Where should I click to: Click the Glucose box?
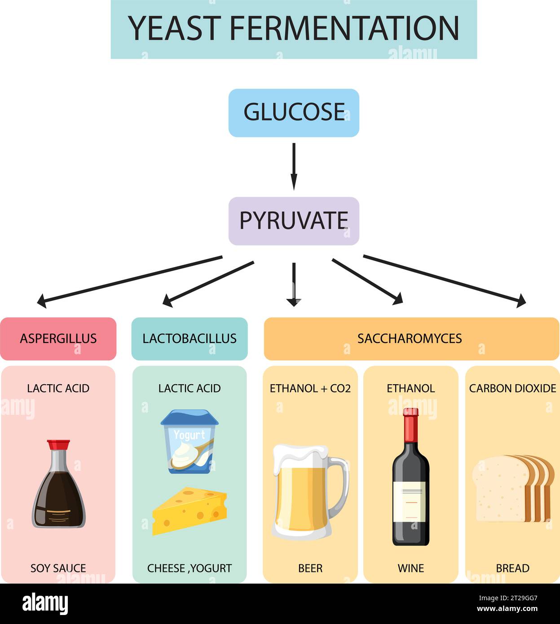(294, 113)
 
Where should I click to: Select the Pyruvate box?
(294, 221)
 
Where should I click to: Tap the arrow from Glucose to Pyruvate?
(294, 166)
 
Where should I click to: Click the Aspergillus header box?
(58, 338)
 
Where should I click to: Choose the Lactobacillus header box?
(189, 338)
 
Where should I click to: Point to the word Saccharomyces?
(409, 338)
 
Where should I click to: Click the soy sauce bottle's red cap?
(58, 445)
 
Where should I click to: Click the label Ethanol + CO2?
(310, 388)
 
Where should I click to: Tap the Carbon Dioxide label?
(512, 388)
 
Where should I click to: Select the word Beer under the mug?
(310, 568)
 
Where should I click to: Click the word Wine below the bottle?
(410, 568)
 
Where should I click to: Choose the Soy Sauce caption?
(58, 568)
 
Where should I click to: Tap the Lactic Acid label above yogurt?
(189, 388)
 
